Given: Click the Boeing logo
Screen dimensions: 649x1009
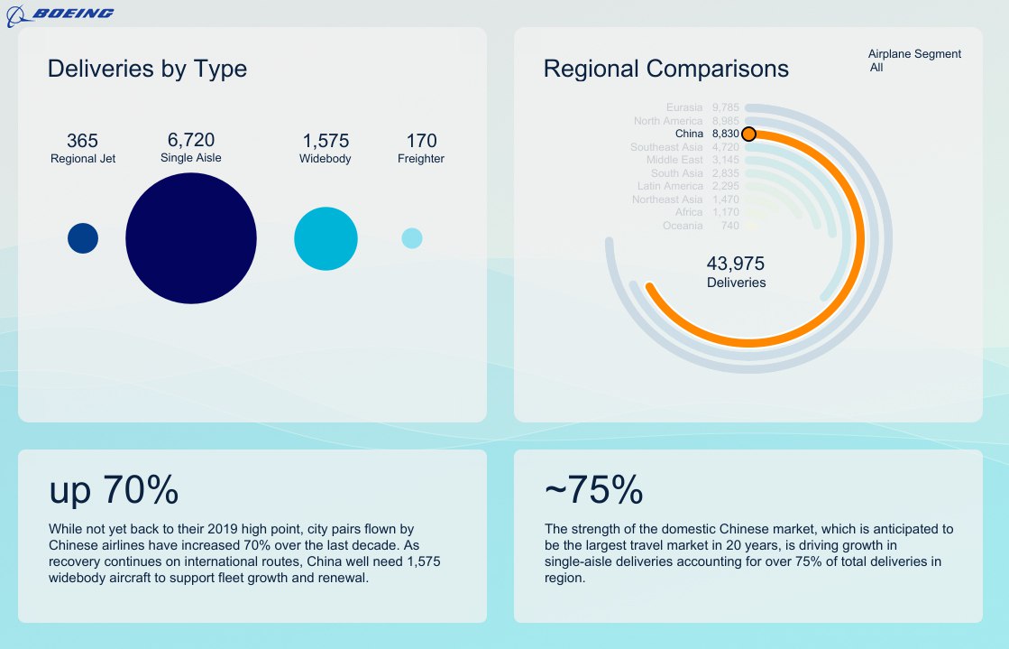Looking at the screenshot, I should coord(60,14).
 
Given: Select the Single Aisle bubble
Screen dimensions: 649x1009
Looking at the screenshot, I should coord(191,238).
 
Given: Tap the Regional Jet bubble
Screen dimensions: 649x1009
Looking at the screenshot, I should coord(83,238).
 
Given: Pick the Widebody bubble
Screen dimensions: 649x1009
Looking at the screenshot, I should coord(326,238).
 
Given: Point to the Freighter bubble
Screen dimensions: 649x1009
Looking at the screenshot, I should coord(412,238).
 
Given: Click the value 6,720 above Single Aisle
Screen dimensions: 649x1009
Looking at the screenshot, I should coord(191,140).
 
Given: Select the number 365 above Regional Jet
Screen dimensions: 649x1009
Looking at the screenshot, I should coord(83,141).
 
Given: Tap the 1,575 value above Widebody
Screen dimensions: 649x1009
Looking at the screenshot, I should coord(326,141).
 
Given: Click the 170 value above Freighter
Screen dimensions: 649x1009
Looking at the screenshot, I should coord(421,141).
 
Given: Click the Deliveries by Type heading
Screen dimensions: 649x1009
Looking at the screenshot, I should coord(147,69).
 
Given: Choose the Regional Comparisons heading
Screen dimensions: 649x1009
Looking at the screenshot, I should coord(666,69).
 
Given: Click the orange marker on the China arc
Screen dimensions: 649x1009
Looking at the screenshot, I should coord(748,134).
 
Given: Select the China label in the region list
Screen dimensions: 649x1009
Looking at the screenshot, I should coord(689,134).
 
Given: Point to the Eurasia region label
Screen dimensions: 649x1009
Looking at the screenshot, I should coord(684,107).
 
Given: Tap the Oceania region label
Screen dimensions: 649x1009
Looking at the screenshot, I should coord(683,226).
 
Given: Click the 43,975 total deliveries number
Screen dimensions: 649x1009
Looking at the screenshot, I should coord(736,264).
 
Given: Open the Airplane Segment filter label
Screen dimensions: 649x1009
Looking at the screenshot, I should coord(914,54).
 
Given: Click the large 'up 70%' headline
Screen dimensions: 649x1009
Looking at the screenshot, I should coord(114,490).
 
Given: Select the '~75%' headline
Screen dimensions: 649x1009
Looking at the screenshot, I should coord(594,490).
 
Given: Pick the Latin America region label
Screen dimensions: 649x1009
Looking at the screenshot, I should coord(670,186).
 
